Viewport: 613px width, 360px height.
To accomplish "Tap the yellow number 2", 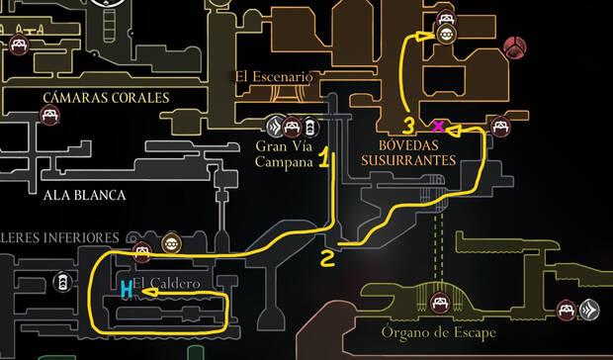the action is (x=327, y=259).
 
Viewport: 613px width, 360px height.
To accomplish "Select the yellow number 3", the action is (x=408, y=126).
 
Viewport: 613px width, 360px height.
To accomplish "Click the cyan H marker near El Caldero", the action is (x=127, y=289).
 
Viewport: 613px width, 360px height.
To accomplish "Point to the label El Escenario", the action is (x=273, y=76).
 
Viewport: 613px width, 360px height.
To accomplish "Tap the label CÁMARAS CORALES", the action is (x=106, y=97).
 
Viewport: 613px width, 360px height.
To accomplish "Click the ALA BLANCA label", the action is (x=84, y=195).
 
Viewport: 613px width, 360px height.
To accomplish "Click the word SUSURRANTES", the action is (x=420, y=159).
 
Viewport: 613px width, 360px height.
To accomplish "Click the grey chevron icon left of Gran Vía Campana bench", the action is (x=274, y=127).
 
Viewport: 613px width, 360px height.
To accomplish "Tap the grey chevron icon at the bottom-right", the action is (x=590, y=310).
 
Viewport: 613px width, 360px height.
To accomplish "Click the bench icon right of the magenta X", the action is (x=501, y=126).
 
